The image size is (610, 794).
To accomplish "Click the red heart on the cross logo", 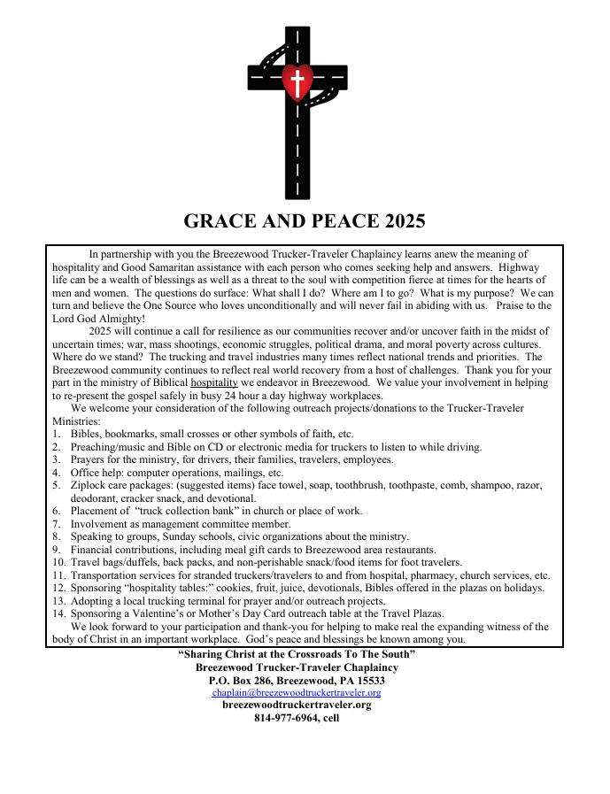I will point(298,81).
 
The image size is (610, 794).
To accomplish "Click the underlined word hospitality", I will point(214,382).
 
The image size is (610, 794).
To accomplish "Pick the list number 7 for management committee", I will point(56,523).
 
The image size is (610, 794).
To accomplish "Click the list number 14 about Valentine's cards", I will point(58,613).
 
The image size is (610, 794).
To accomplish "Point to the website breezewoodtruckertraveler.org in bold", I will point(297,705).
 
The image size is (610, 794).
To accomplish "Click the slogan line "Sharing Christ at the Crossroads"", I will point(297,653).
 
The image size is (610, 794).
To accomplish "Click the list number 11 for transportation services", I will point(58,574).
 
